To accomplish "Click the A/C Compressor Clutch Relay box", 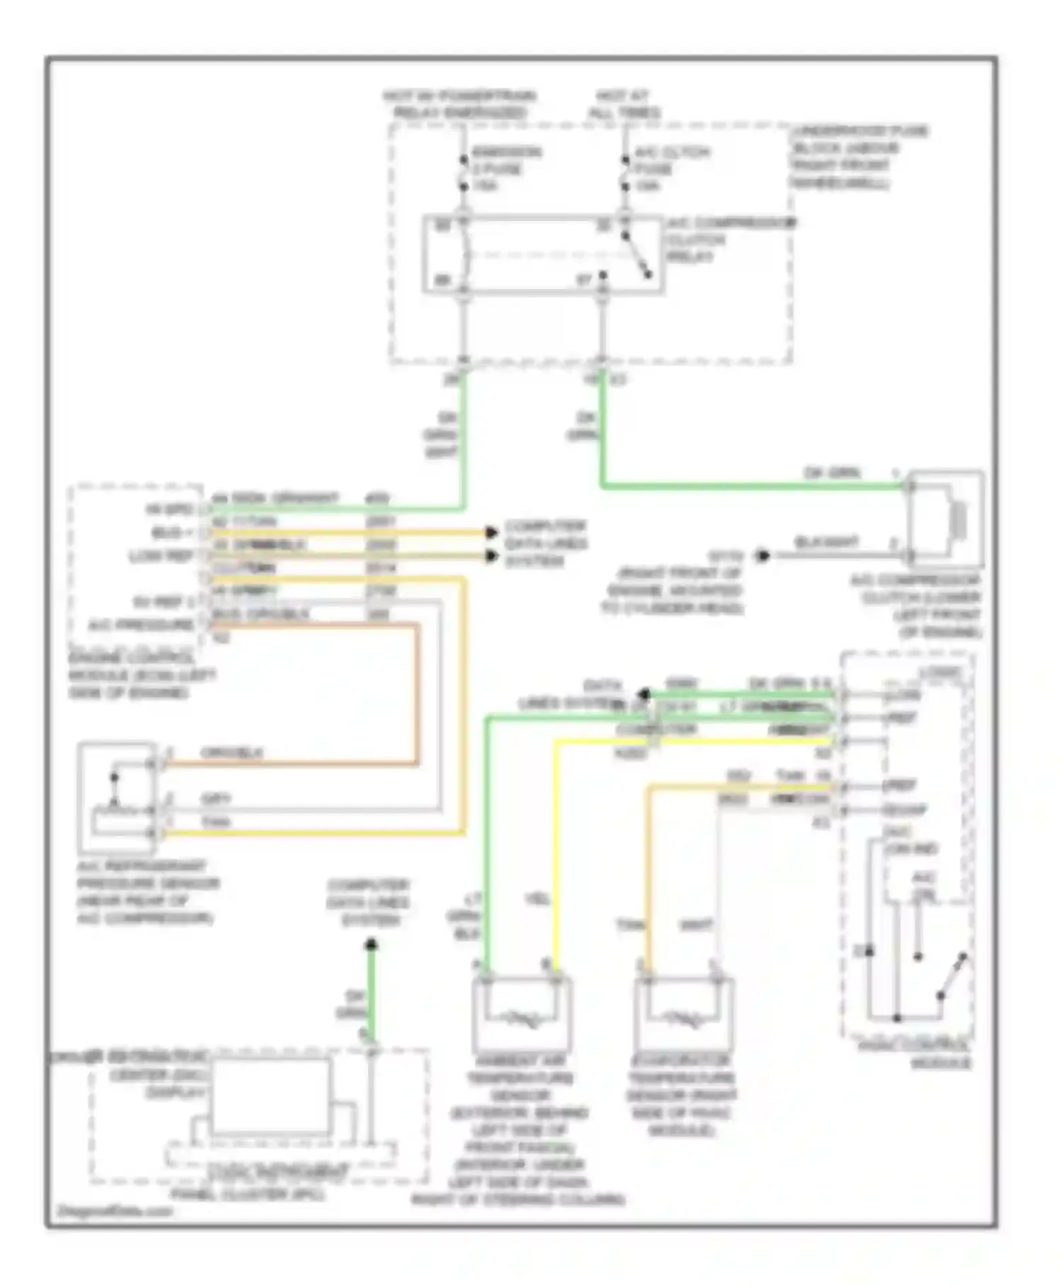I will [x=543, y=254].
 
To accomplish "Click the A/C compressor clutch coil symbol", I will [x=959, y=519].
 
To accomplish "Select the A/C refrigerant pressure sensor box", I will [x=117, y=796].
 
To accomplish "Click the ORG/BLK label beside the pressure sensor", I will [x=232, y=752].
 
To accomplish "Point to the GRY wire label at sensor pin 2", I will [x=217, y=799].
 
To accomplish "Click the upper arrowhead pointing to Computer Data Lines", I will [x=491, y=532].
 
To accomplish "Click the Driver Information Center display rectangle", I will [x=268, y=1097].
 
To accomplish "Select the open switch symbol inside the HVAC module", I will [x=952, y=978].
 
